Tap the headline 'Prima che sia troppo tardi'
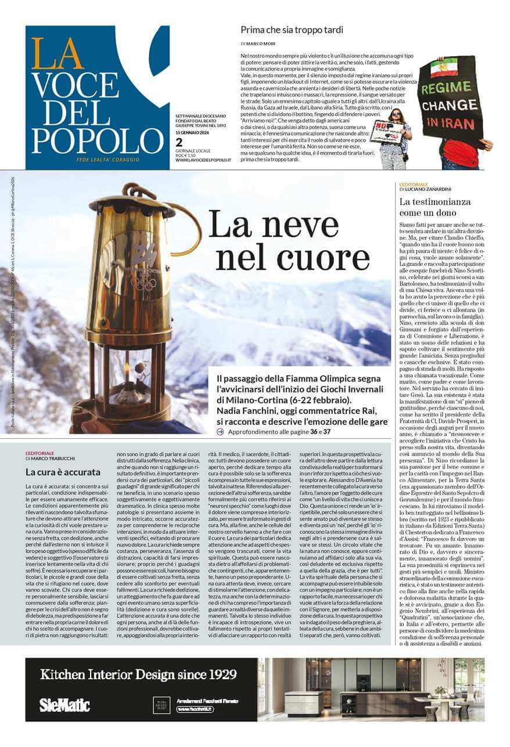292,30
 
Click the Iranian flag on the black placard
439,69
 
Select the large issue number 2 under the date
179,142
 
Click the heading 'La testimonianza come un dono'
435,207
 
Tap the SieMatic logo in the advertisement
64,705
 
